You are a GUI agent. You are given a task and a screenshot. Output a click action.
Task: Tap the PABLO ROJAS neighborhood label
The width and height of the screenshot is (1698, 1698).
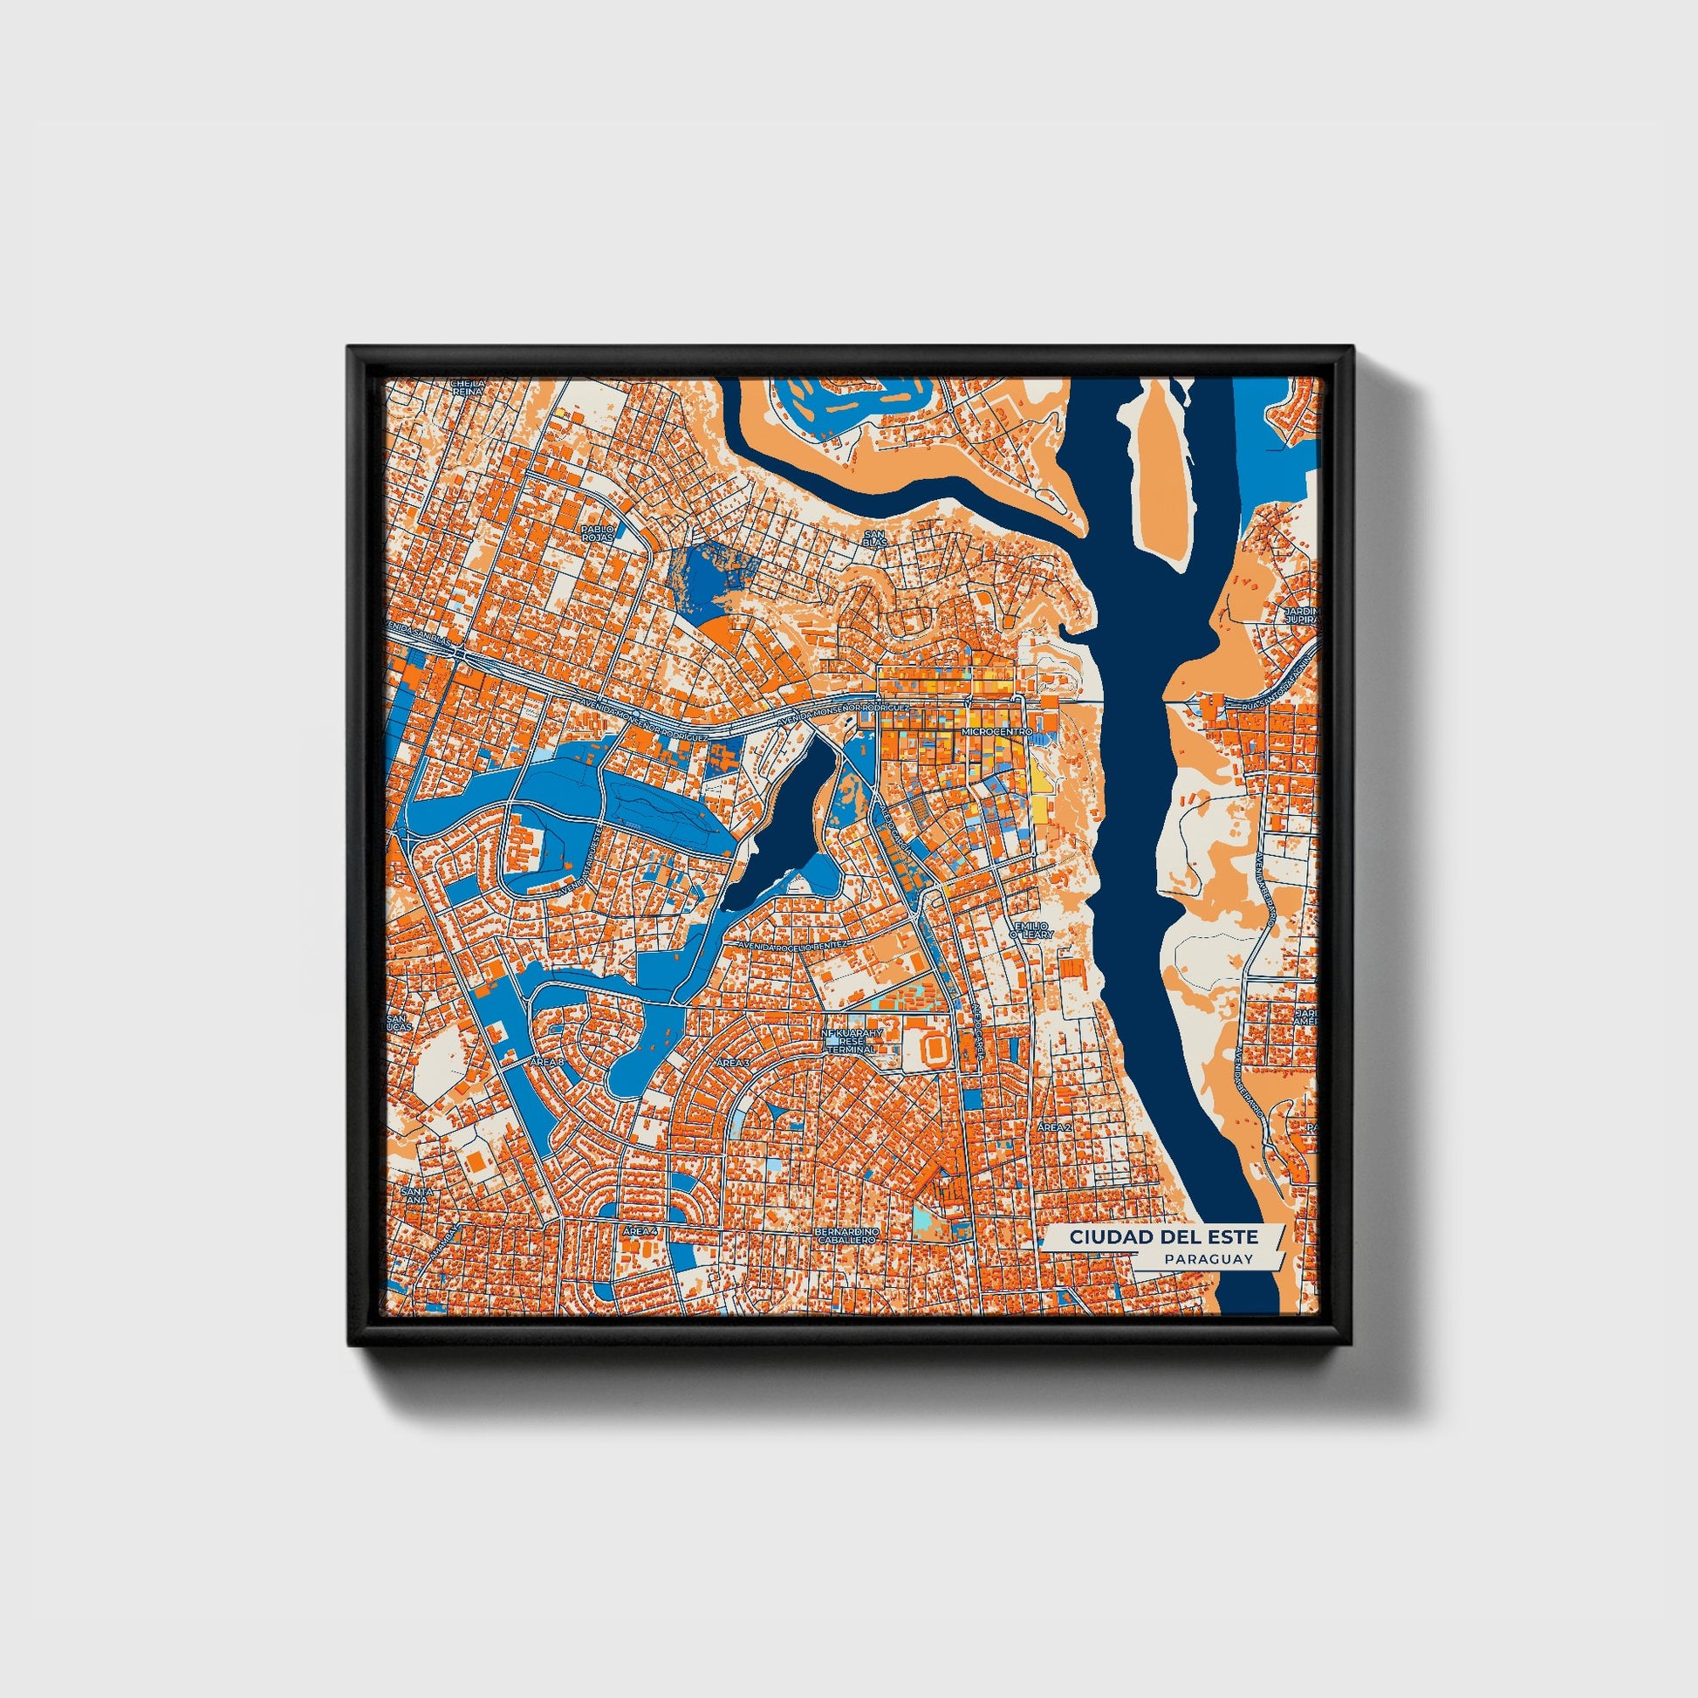[598, 532]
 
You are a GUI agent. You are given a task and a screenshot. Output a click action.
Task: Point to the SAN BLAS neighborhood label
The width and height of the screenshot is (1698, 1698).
[874, 537]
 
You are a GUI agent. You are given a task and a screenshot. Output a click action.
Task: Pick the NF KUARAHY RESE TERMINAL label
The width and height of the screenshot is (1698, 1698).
[849, 1042]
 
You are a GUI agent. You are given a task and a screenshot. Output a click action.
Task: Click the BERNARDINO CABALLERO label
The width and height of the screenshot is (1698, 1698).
[847, 1236]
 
